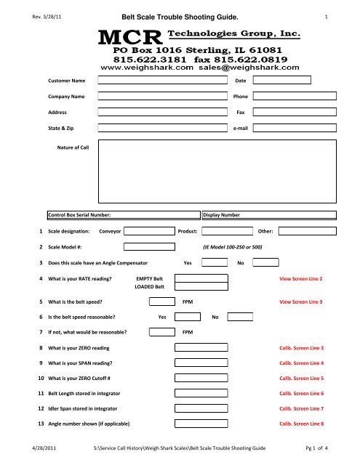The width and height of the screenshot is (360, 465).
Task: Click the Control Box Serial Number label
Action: pyautogui.click(x=79, y=215)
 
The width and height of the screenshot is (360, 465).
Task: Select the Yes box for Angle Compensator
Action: pyautogui.click(x=214, y=262)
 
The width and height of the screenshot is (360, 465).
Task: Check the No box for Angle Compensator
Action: pyautogui.click(x=265, y=262)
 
